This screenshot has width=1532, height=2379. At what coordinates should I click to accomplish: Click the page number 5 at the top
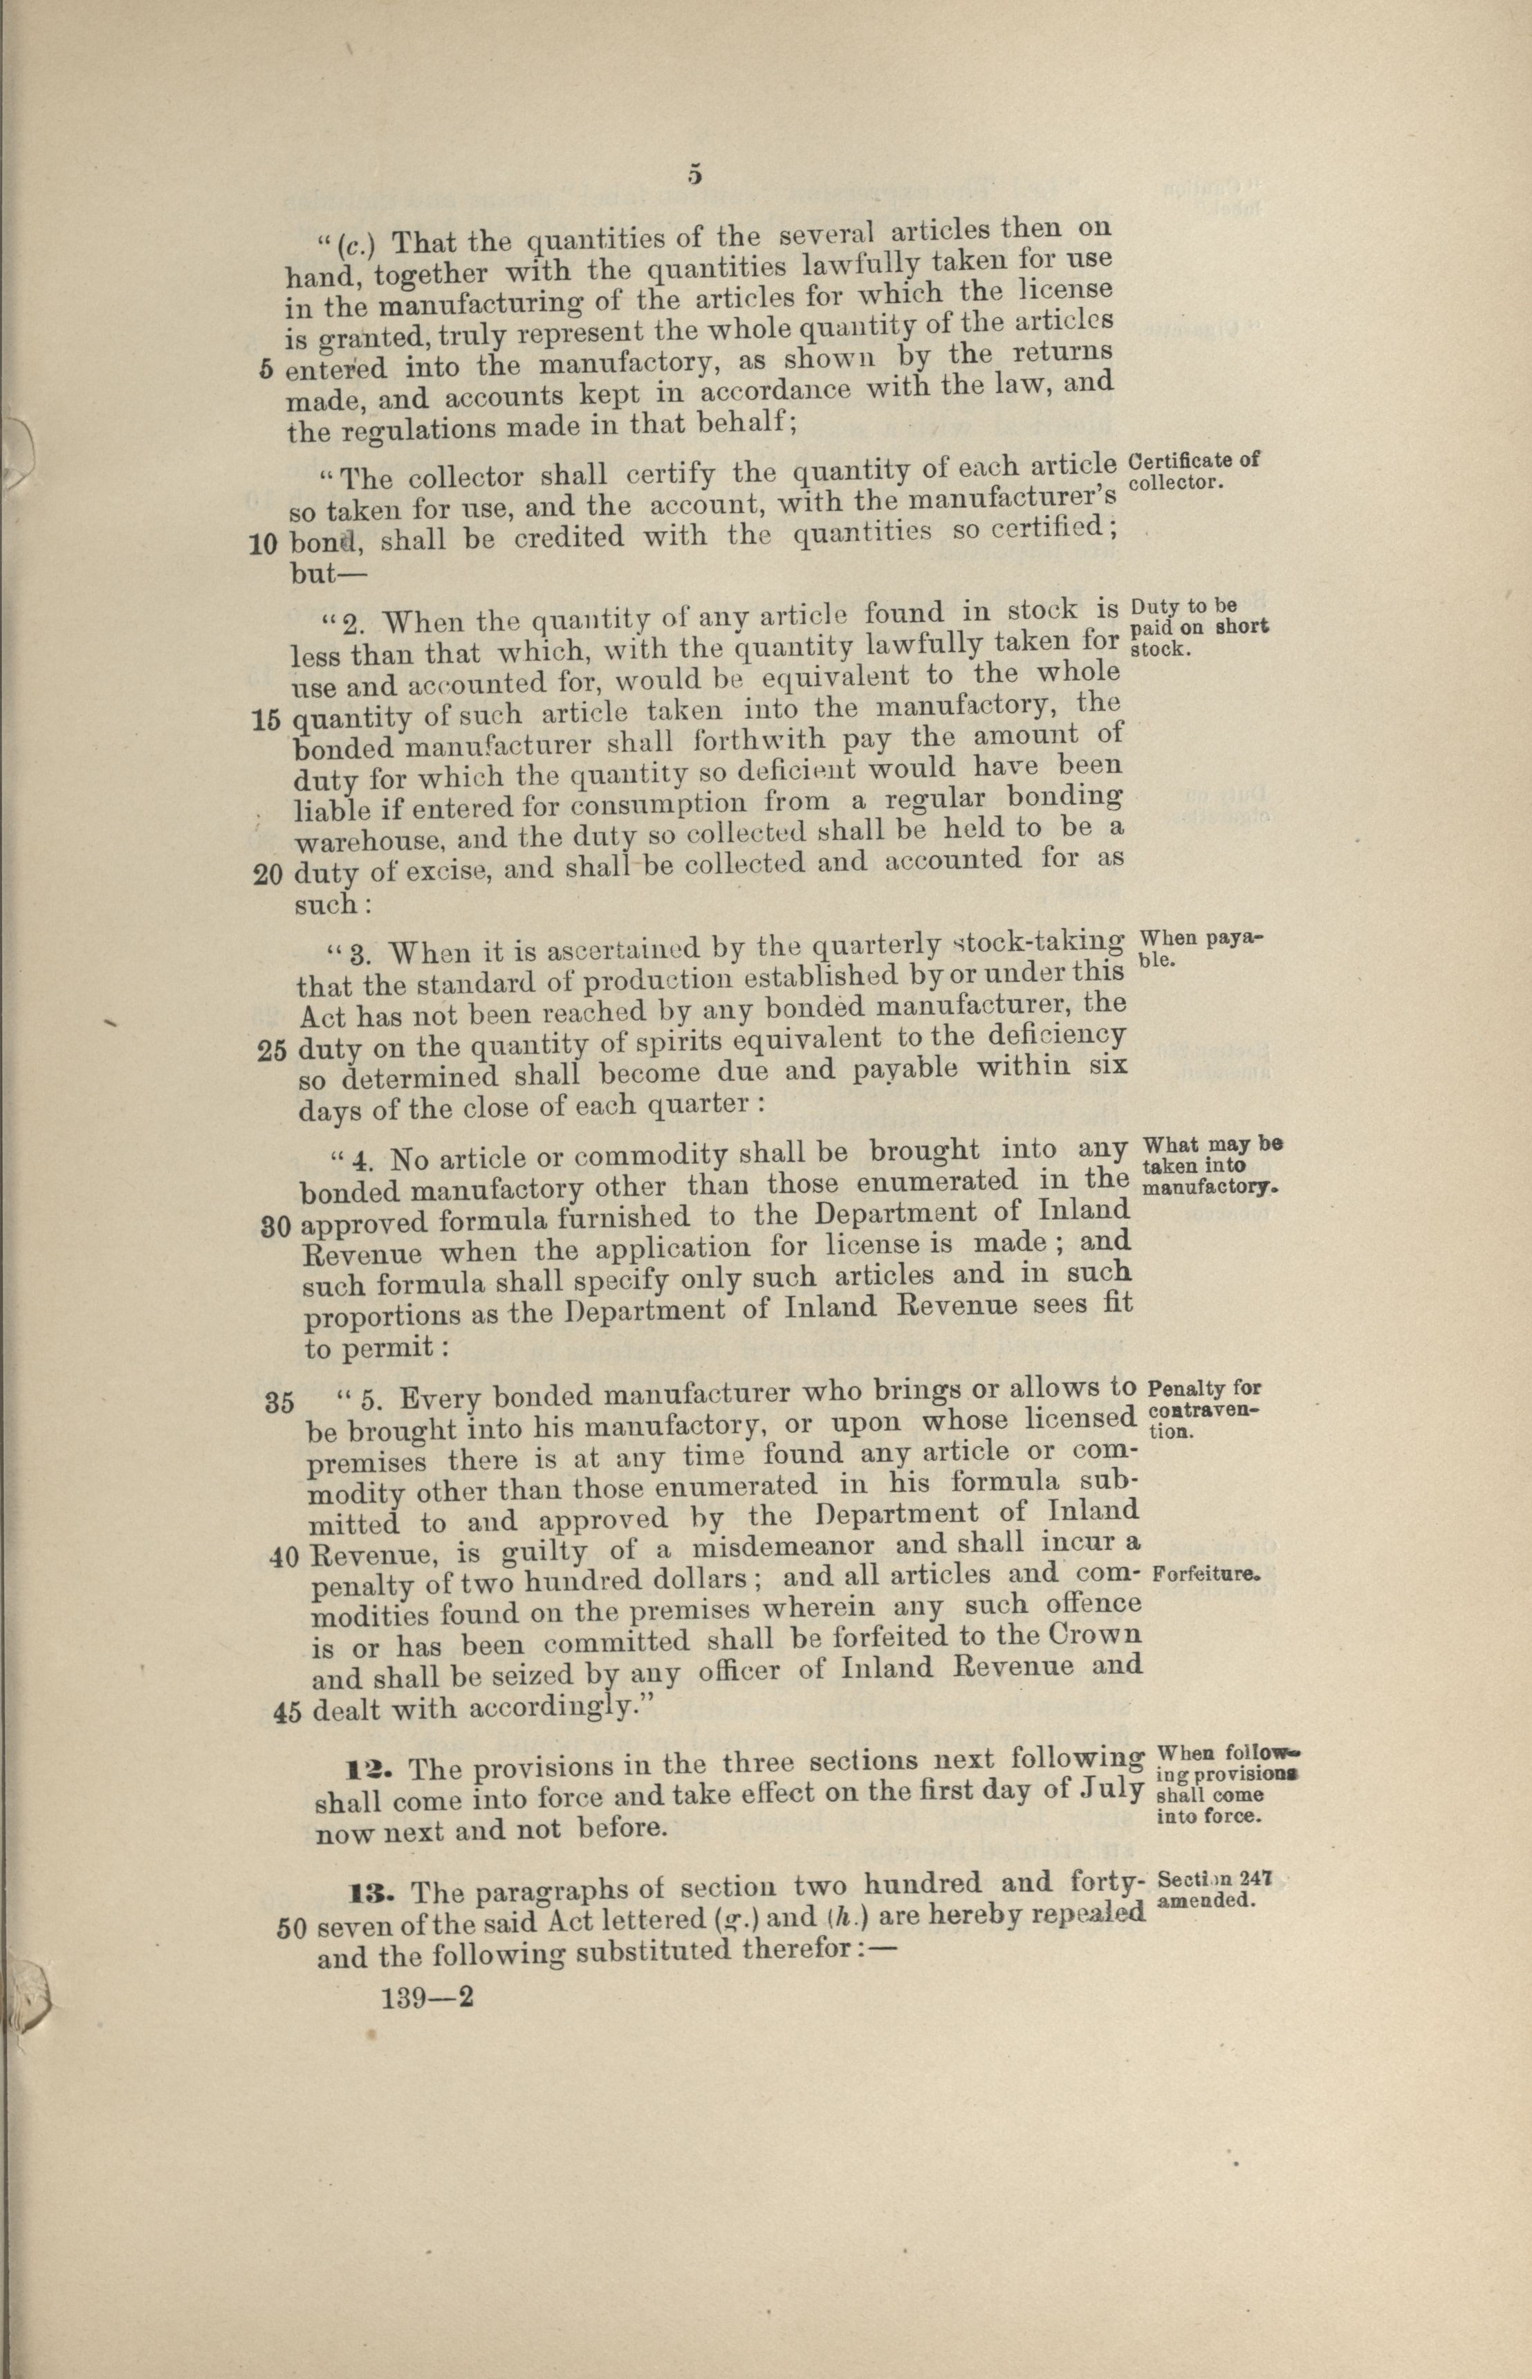pos(694,175)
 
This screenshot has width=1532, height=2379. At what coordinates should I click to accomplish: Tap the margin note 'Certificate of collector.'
pos(1194,471)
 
